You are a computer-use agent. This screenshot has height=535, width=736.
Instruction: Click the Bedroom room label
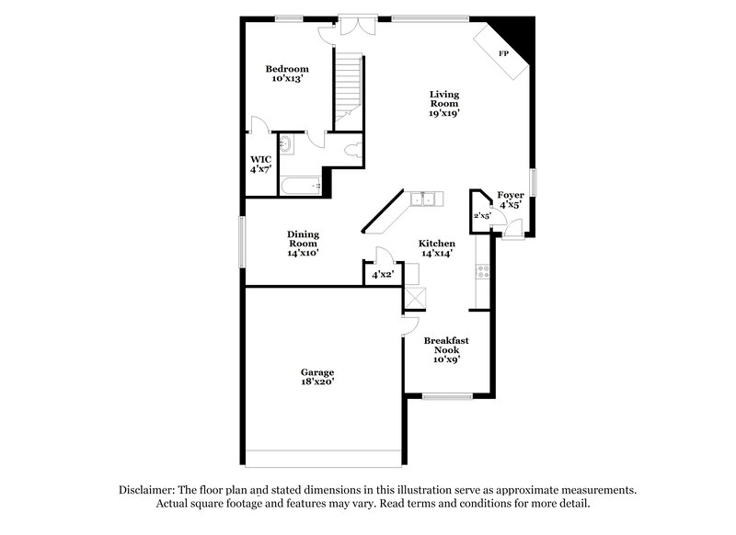click(x=287, y=74)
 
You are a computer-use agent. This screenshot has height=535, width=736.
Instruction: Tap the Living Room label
click(x=444, y=104)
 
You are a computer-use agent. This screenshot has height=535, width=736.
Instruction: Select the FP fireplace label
click(x=503, y=54)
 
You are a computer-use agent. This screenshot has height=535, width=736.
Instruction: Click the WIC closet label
click(x=259, y=164)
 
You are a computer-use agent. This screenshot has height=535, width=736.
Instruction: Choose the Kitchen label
click(x=437, y=248)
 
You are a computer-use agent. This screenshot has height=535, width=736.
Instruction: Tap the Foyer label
click(x=511, y=199)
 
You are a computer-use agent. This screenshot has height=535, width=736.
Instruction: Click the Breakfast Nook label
click(x=446, y=349)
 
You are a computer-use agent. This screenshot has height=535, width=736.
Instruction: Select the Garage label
click(x=316, y=376)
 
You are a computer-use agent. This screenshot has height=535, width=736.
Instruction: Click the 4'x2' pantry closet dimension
click(x=383, y=275)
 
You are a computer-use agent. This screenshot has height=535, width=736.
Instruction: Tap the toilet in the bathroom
click(x=350, y=149)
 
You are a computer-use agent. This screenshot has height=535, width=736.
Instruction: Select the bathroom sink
click(x=285, y=144)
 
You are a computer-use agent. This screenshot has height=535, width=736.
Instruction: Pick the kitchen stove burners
click(x=482, y=270)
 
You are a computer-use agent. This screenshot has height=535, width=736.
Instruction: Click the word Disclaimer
click(x=149, y=490)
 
